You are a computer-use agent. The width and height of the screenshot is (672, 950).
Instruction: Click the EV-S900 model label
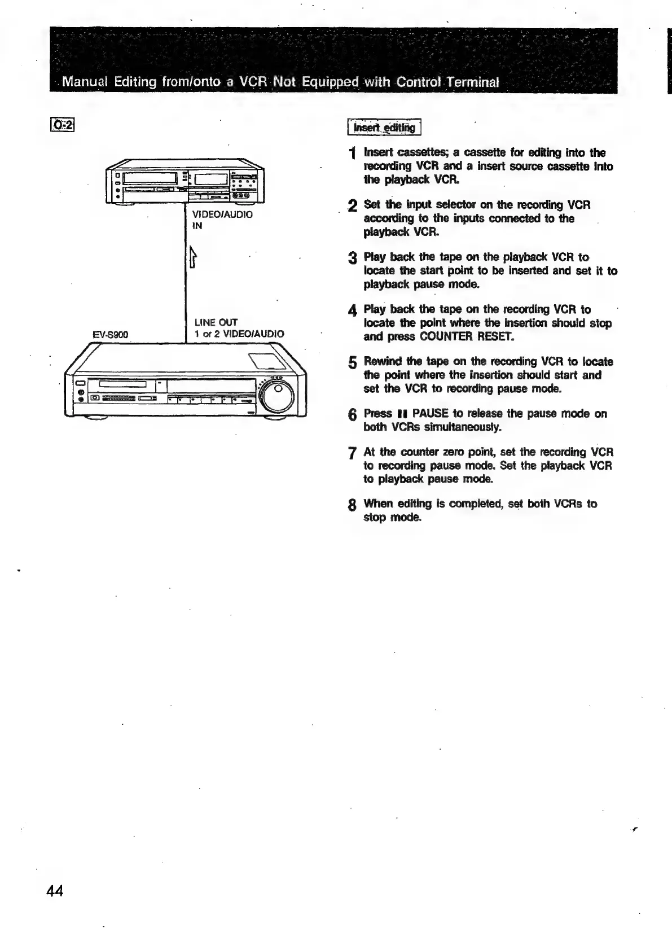tap(110, 335)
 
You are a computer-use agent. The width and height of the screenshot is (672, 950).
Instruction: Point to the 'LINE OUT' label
tap(216, 322)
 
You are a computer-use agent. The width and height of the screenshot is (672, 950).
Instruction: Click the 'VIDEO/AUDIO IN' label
tap(222, 220)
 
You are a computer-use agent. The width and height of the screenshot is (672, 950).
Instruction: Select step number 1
tap(353, 154)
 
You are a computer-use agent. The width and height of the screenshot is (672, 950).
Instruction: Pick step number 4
tap(352, 310)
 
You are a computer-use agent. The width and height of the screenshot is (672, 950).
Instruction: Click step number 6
tap(352, 415)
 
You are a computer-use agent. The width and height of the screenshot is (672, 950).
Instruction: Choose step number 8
tap(352, 505)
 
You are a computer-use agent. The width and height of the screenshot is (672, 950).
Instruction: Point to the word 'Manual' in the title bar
tap(85, 82)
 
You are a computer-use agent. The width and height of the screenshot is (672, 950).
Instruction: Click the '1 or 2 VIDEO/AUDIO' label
tap(239, 334)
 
